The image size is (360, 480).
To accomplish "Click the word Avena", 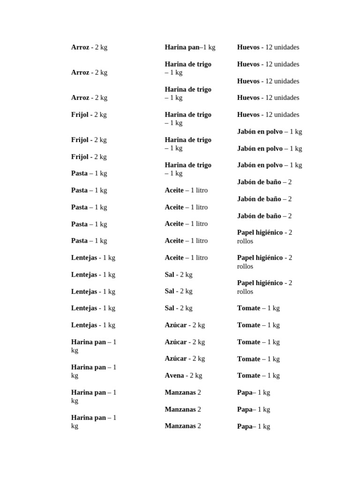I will tap(174, 375).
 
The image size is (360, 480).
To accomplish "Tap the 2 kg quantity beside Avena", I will tap(196, 375).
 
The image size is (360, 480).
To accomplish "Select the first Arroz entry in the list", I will tap(80, 47).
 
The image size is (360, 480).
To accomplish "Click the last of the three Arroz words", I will tap(80, 98).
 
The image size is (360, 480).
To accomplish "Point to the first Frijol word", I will tap(80, 115).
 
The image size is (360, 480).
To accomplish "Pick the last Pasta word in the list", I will tap(79, 241).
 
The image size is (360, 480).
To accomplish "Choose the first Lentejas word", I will tap(84, 258).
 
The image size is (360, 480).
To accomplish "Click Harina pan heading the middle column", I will tap(182, 47).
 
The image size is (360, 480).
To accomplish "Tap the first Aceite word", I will tap(174, 190).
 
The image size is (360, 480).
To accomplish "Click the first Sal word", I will tap(169, 275).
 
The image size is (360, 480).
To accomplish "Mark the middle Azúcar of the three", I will tap(175, 342).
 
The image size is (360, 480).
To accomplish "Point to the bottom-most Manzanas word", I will tap(180, 426).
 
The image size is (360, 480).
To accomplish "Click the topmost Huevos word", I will tap(248, 47).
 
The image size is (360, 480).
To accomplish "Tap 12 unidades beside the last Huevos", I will tap(282, 115).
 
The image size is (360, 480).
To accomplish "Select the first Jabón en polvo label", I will tap(260, 132).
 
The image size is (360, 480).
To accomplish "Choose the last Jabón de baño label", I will tap(259, 216).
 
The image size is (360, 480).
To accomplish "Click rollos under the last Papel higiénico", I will tap(245, 292).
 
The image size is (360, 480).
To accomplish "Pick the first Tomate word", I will tap(248, 308).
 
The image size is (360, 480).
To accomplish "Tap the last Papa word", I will tap(245, 427).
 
